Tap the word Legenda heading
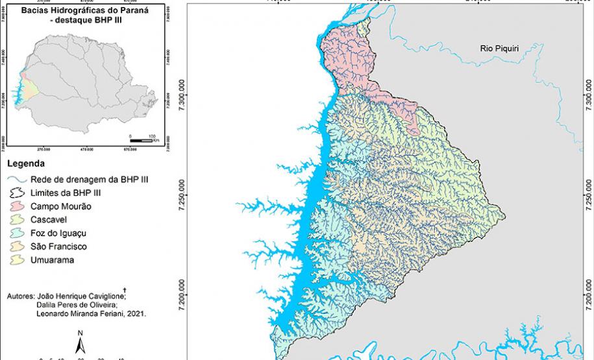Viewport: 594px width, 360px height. coord(25,163)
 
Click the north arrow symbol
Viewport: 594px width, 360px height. coord(79,347)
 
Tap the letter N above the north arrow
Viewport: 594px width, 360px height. coord(79,333)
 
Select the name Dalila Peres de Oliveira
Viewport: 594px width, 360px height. coord(75,304)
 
